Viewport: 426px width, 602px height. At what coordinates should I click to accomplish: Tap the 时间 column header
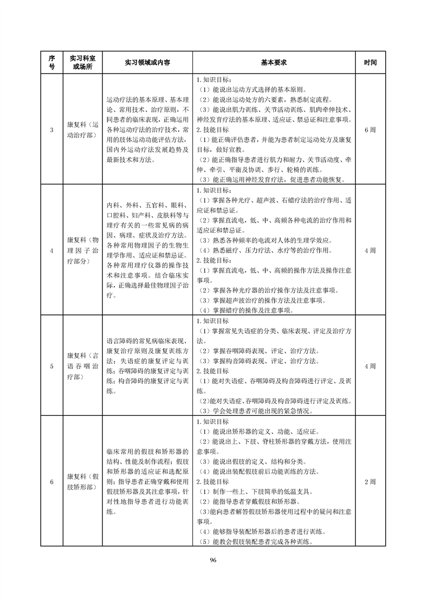(370, 62)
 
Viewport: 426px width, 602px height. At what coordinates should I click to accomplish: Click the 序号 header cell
(51, 62)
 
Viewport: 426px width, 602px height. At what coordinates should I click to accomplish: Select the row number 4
(51, 251)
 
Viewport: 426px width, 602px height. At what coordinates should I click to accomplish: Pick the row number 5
(51, 366)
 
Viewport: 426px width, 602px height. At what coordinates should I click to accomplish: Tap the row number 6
(51, 481)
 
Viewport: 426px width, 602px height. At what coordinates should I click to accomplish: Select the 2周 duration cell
(370, 481)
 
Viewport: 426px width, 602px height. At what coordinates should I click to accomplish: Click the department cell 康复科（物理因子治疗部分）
(82, 251)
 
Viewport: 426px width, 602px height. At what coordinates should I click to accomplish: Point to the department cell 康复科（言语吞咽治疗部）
(82, 366)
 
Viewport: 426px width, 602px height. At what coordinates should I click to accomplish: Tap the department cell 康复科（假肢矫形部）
(82, 481)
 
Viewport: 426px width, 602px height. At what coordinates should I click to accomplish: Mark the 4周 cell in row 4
(370, 251)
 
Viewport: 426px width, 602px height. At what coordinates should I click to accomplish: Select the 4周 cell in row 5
(370, 366)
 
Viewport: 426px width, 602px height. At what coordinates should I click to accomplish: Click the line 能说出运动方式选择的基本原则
(253, 90)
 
